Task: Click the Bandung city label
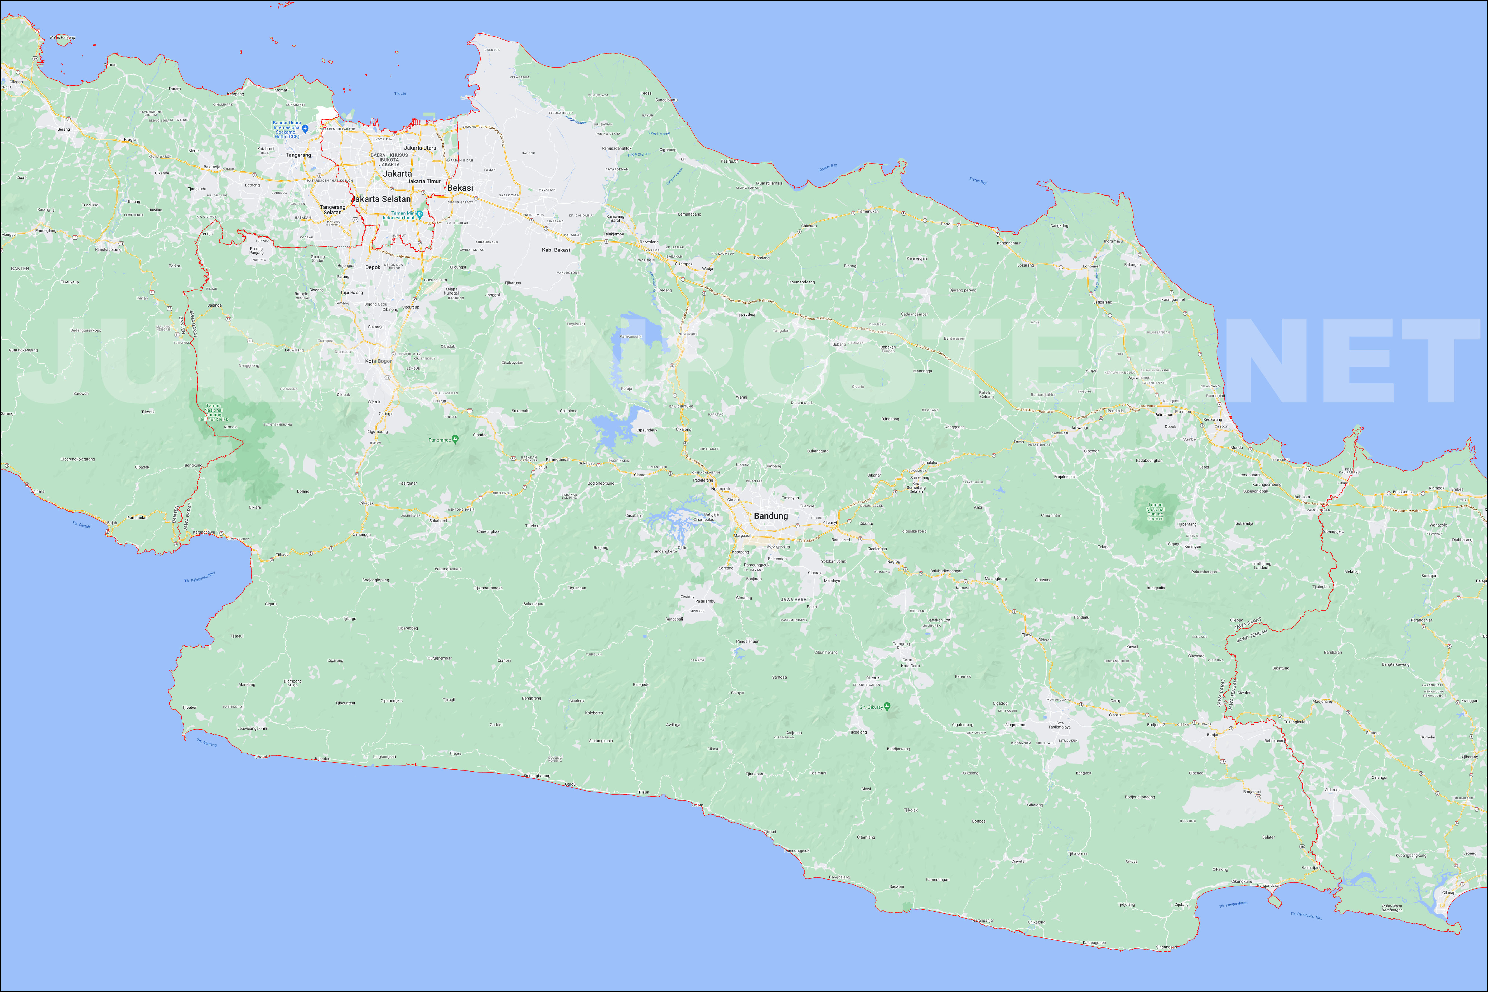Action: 771,516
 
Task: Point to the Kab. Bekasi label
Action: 556,250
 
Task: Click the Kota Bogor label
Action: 378,361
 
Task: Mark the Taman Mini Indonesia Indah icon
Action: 419,214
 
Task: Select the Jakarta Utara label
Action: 420,148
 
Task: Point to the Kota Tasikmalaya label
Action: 1059,725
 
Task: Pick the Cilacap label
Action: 1448,893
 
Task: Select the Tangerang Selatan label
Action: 333,209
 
